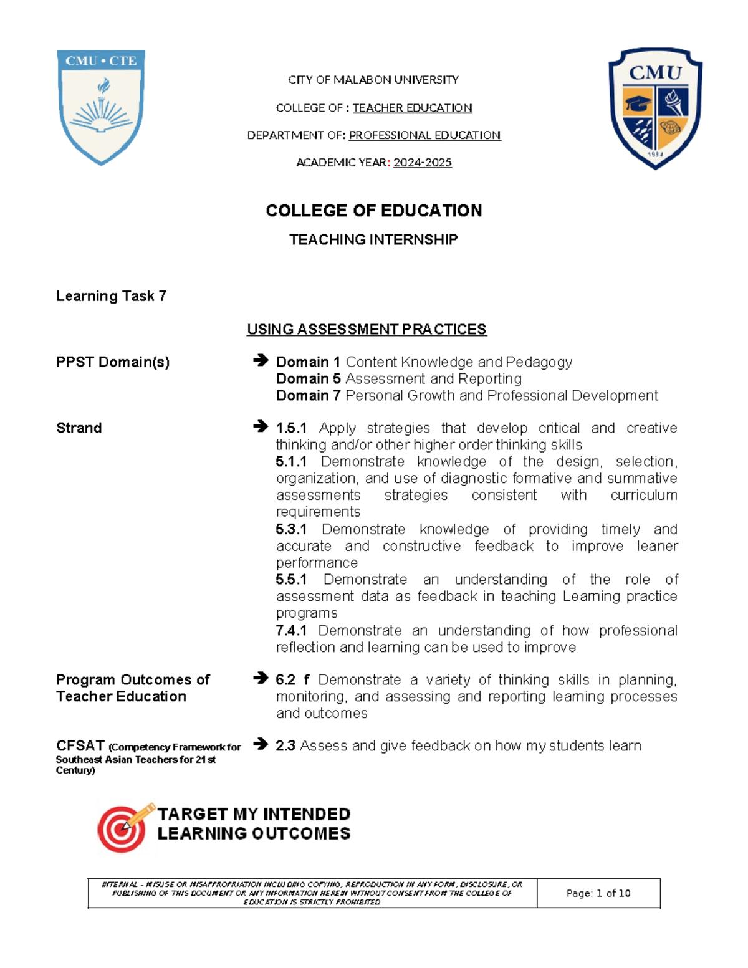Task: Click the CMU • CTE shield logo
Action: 101,106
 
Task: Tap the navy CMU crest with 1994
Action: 655,108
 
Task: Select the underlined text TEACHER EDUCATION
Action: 412,108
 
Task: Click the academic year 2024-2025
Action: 422,163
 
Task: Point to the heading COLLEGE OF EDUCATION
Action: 373,211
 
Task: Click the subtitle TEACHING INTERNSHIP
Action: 373,239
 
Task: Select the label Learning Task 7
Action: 111,296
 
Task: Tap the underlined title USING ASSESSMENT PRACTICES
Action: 367,329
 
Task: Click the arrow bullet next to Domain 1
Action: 261,360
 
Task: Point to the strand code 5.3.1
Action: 291,529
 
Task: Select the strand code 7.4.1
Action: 290,630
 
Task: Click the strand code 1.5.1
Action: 291,428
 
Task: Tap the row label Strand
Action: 79,428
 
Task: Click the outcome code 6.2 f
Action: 292,679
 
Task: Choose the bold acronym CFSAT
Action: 80,745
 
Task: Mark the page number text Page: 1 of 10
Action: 598,893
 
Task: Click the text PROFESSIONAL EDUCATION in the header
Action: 424,135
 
